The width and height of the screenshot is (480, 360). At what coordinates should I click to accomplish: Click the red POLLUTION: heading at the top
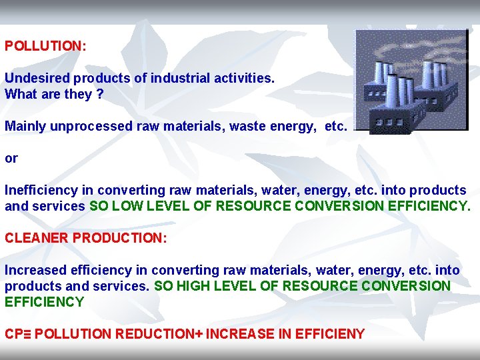tap(45, 47)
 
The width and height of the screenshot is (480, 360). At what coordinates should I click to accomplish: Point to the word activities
tap(243, 78)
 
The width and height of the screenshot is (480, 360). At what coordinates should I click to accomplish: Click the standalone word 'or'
tap(11, 159)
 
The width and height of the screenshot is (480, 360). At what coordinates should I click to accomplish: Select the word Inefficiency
tap(41, 190)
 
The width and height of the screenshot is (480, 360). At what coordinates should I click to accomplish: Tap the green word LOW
tap(126, 206)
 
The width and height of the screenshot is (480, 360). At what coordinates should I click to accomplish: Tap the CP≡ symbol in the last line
tap(17, 334)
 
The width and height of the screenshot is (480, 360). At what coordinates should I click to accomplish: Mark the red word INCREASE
tap(239, 334)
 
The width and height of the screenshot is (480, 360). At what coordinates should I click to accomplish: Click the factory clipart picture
tap(411, 81)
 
